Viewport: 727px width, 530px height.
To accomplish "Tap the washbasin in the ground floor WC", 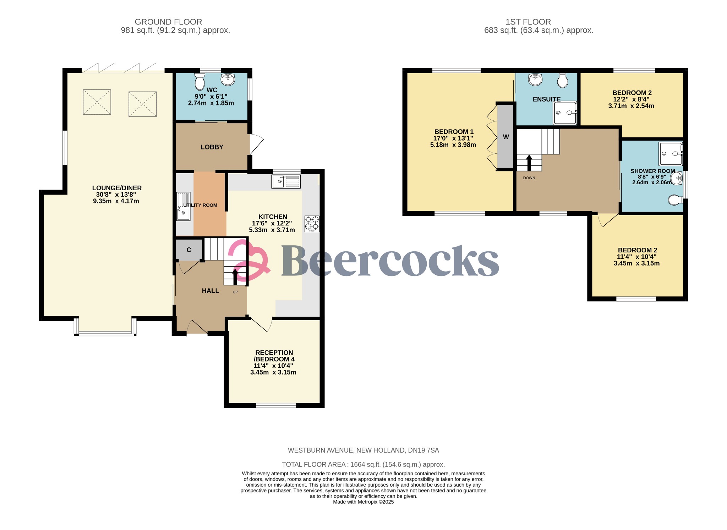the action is [228, 79].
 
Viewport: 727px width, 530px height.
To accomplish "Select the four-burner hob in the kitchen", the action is [312, 224].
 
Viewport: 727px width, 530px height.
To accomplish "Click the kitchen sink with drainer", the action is [286, 181].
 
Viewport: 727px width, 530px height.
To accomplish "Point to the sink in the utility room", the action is [184, 206].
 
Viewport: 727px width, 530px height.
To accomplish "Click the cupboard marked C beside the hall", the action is [189, 250].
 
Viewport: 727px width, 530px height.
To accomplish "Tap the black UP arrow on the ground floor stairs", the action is [235, 277].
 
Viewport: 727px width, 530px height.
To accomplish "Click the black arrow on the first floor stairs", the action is [529, 163].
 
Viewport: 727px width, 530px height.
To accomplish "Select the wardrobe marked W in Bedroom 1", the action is [505, 137].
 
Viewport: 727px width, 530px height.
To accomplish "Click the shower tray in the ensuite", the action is [565, 113].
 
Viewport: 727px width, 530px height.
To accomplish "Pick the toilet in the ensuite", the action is [563, 81].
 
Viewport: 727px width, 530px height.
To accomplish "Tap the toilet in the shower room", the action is [675, 200].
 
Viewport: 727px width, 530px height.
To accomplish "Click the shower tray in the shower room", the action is [671, 154].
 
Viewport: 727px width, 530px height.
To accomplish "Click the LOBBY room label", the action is [212, 147].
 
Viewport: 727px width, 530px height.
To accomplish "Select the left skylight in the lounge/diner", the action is [97, 102].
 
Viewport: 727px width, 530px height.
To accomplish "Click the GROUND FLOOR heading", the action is [168, 22].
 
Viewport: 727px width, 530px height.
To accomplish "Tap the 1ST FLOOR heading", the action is [528, 22].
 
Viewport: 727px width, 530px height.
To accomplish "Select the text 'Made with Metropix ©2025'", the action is [363, 502].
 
